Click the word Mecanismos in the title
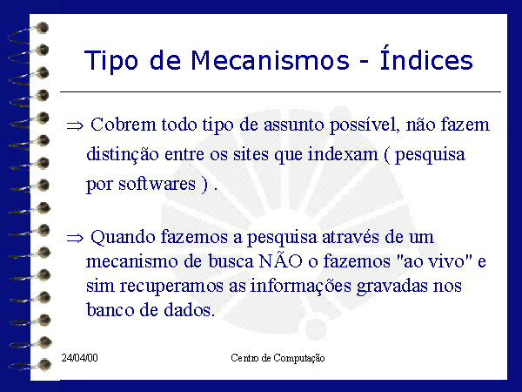coord(270,61)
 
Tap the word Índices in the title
coord(426,58)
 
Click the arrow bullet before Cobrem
coord(75,126)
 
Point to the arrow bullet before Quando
coord(75,238)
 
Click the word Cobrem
coord(124,125)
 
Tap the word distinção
coord(122,155)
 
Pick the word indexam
coord(343,154)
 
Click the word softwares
coord(157,184)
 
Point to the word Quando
coord(123,238)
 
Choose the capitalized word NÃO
coord(280,260)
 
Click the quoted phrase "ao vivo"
coord(435,261)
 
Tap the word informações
coord(301,287)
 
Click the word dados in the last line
coord(189,309)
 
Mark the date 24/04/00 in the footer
coord(79,358)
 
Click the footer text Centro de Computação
coord(278,358)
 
